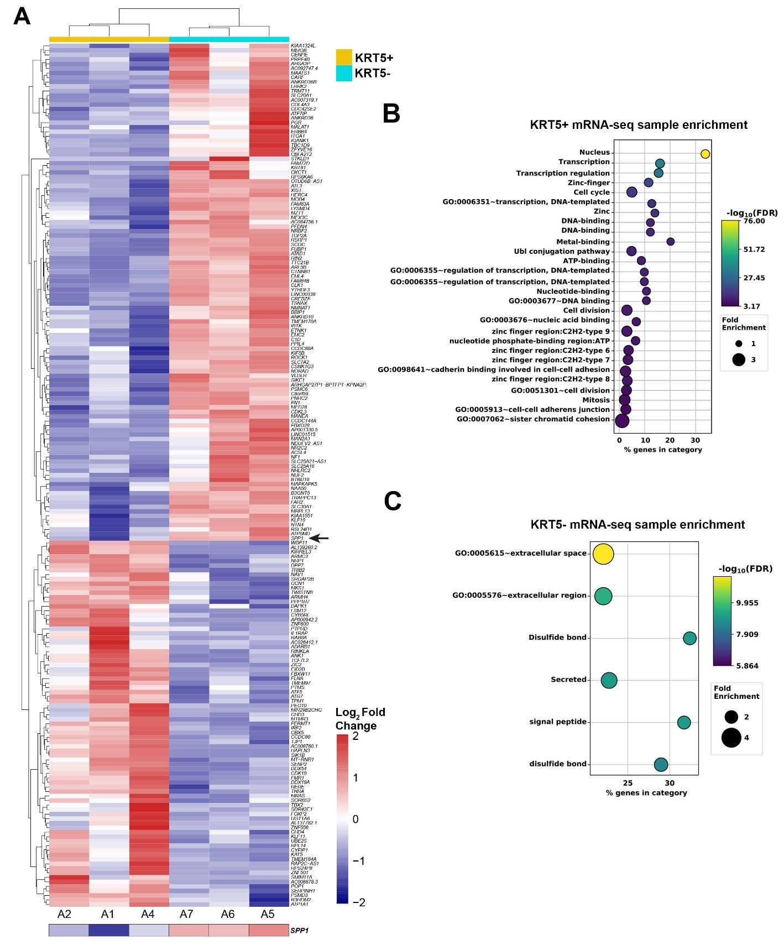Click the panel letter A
(x=22, y=17)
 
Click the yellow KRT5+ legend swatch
(x=344, y=58)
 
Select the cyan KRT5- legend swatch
(x=344, y=73)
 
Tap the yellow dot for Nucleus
(x=705, y=154)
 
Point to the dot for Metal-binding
(x=670, y=242)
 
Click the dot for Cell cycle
(x=632, y=192)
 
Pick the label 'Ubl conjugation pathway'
(x=562, y=251)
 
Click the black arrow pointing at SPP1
(x=319, y=537)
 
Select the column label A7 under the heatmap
(x=186, y=913)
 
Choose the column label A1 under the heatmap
(x=108, y=913)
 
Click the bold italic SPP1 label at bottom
(x=300, y=931)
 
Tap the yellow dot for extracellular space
(x=603, y=554)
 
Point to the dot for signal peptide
(x=684, y=722)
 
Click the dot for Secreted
(x=609, y=680)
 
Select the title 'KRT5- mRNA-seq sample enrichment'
(x=637, y=524)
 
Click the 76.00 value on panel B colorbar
(x=755, y=221)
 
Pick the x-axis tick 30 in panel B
(x=696, y=440)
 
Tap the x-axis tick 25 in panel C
(x=628, y=782)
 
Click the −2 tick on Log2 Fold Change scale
(x=359, y=902)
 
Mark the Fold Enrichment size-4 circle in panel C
(x=731, y=738)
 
